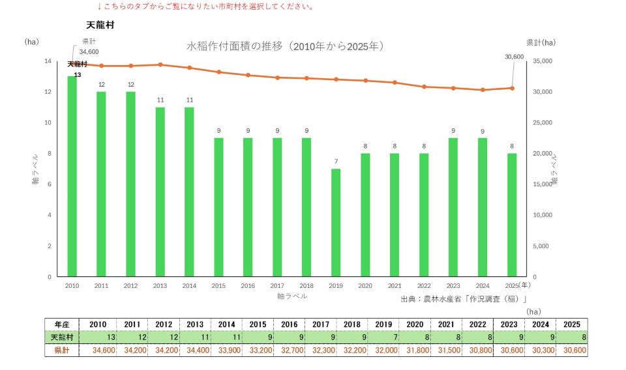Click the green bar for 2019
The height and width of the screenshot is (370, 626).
pyautogui.click(x=336, y=223)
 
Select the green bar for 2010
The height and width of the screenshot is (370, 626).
pyautogui.click(x=72, y=177)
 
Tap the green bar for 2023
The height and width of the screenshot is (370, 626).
pyautogui.click(x=453, y=207)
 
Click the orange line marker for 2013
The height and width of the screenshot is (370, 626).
pyautogui.click(x=160, y=64)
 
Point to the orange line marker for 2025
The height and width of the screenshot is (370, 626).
pyautogui.click(x=513, y=88)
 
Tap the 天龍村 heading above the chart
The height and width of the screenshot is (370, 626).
pyautogui.click(x=100, y=25)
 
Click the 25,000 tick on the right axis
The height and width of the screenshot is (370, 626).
pyautogui.click(x=543, y=122)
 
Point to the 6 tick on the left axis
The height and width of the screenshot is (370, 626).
pyautogui.click(x=50, y=184)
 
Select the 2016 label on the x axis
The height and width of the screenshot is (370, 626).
pyautogui.click(x=248, y=285)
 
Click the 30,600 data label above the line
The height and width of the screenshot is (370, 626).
pyautogui.click(x=514, y=57)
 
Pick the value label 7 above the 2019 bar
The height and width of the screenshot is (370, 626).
pyautogui.click(x=336, y=162)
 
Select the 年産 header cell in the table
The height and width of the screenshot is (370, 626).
pyautogui.click(x=62, y=324)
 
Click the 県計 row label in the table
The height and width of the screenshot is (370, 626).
pyautogui.click(x=62, y=350)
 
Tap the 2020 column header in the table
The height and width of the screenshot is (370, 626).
pyautogui.click(x=415, y=324)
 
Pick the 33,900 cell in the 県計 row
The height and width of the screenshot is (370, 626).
pyautogui.click(x=227, y=350)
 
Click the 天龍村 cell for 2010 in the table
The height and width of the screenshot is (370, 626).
pyautogui.click(x=98, y=337)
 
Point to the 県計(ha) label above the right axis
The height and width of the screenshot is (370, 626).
pyautogui.click(x=541, y=42)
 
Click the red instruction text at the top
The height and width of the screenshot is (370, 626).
pyautogui.click(x=206, y=7)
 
